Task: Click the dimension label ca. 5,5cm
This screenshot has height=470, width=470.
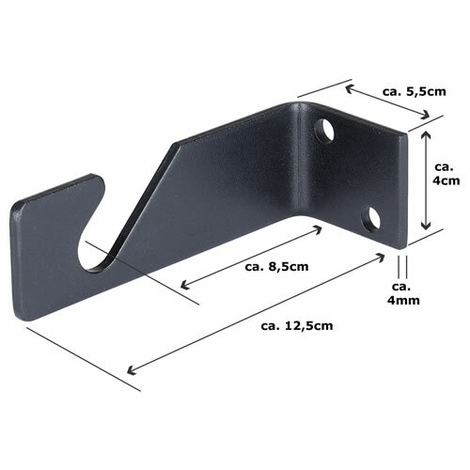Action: point(414,91)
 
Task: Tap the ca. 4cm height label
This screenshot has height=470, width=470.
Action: point(446,174)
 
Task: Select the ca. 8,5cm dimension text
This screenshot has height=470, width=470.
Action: point(276,267)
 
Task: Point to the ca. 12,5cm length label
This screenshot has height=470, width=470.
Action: point(297,326)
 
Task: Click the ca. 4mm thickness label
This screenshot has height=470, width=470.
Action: point(403,293)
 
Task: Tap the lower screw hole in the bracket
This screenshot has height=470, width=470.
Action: point(371,218)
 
